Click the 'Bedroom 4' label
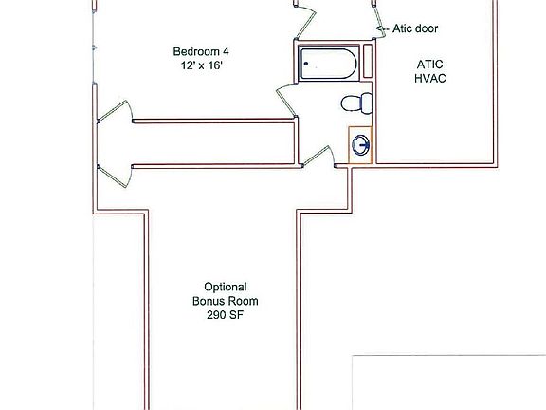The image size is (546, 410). tap(200, 51)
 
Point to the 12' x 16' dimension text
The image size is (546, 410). tap(200, 65)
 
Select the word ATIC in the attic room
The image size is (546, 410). tap(429, 64)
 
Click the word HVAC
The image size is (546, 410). tap(429, 78)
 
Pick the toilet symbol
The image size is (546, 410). tap(353, 102)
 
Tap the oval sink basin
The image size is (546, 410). tap(360, 145)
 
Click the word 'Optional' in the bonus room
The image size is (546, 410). tap(226, 287)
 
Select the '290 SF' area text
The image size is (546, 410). tap(226, 316)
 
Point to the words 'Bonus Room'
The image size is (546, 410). tap(226, 302)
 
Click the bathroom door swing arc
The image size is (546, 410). tap(285, 95)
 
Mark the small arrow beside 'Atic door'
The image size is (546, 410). tap(384, 30)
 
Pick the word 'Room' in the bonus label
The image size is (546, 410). tap(243, 302)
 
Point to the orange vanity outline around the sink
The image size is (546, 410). tap(350, 145)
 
